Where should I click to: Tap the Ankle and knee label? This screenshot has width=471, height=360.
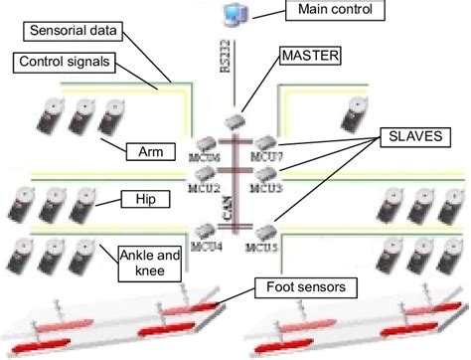[149, 261]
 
